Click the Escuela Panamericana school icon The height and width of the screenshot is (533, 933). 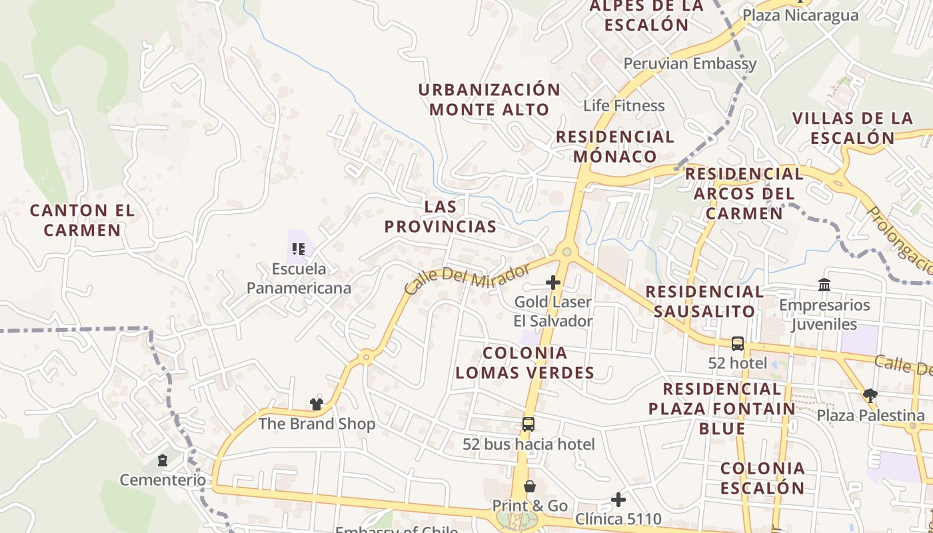pos(299,249)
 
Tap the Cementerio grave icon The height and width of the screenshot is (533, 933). pos(162,460)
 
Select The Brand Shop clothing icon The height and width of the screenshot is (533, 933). pos(316,404)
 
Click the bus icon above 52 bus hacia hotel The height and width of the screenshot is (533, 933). pos(528,424)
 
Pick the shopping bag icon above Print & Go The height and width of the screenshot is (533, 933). pos(529,486)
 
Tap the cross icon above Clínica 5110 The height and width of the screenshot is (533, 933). pos(618,499)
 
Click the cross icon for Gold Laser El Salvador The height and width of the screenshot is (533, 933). pos(552,282)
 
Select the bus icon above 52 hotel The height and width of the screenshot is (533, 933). pos(737,344)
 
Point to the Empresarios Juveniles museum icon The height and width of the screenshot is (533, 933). pos(824,285)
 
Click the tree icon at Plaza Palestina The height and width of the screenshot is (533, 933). pos(870,396)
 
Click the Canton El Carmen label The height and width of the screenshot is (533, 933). pos(83,221)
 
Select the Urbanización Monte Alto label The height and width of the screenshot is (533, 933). pos(490,99)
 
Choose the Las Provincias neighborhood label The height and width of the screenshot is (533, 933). pos(441,217)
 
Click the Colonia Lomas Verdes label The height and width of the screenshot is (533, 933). pos(524,362)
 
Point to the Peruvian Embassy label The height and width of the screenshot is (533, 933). pos(690,64)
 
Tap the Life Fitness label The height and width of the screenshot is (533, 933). pos(624,105)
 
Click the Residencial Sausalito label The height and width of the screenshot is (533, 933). pos(704,301)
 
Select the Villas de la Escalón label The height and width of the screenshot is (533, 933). pos(852,128)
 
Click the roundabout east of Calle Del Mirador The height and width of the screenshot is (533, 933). pos(566,252)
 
